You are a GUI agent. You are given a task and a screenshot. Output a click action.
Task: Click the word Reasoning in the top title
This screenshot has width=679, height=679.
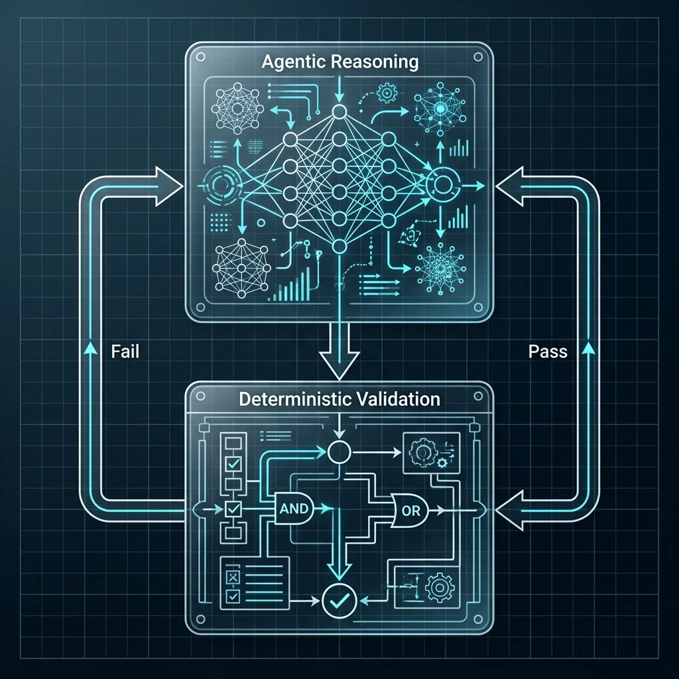374,62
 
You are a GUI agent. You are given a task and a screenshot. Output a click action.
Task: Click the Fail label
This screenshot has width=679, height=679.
125,351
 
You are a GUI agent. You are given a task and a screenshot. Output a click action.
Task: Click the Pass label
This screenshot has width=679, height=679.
548,351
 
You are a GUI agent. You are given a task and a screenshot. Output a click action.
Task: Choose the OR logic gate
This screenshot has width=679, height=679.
410,511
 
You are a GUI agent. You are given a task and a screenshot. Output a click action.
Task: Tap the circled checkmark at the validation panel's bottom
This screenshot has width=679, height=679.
339,601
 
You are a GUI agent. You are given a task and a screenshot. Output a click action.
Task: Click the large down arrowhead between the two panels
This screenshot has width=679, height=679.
339,365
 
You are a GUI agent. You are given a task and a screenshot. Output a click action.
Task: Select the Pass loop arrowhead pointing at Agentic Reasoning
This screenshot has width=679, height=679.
509,186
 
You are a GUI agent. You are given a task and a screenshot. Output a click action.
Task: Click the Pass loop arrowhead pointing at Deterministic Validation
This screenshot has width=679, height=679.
509,511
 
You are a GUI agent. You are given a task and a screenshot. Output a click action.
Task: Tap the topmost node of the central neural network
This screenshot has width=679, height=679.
339,112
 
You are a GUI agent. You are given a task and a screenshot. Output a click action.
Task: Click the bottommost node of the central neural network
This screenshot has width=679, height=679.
339,247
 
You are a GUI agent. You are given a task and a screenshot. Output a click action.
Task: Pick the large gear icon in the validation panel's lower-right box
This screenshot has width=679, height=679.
440,587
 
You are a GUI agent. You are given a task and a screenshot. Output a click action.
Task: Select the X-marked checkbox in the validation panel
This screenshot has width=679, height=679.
233,577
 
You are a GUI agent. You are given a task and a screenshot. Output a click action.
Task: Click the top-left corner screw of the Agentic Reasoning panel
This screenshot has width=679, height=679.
200,57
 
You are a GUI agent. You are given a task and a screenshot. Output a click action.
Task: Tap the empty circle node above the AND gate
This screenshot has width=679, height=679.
339,452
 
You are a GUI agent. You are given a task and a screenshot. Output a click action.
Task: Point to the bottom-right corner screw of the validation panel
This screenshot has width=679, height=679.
478,619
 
